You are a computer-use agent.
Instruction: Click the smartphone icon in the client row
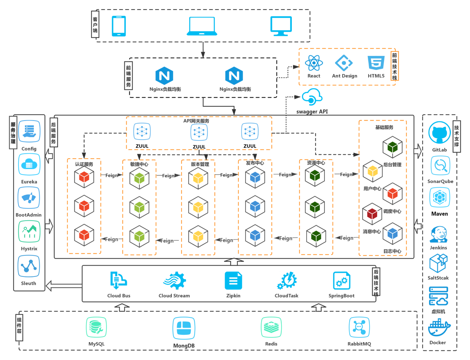click(119, 26)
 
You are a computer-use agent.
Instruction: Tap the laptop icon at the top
click(202, 26)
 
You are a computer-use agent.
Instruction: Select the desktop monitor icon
click(281, 26)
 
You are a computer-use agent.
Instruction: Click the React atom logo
click(314, 63)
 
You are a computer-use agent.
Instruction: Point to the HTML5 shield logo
click(376, 63)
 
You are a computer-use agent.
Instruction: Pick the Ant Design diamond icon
click(344, 63)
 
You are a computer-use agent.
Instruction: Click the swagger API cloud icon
click(312, 98)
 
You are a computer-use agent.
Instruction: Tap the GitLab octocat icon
click(440, 133)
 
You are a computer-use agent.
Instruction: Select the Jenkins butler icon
click(439, 235)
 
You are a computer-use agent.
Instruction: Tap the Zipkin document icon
click(233, 281)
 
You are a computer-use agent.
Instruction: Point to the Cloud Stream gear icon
click(174, 281)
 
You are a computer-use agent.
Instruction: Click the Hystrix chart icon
click(29, 232)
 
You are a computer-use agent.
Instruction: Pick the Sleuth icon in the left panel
click(29, 266)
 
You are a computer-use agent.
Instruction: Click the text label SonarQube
click(440, 181)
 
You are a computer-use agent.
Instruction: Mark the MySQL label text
click(96, 344)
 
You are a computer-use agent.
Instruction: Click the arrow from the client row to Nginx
click(203, 50)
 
